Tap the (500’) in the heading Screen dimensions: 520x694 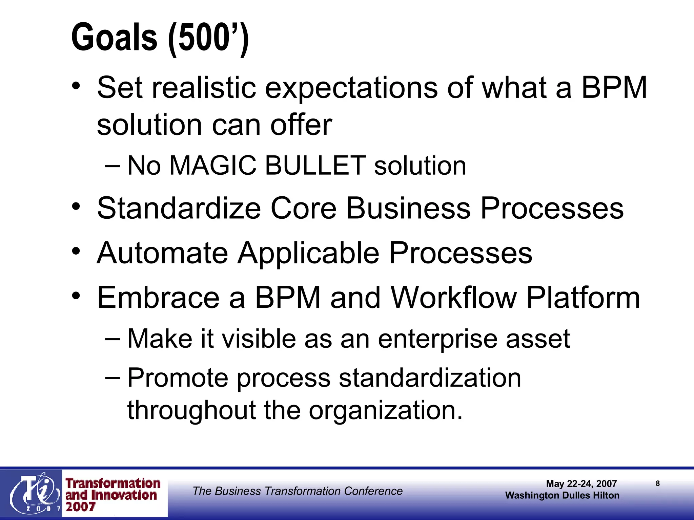[x=208, y=38]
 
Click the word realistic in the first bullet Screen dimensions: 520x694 [x=204, y=88]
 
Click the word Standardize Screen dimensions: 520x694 [x=179, y=208]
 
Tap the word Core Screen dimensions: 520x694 [x=303, y=208]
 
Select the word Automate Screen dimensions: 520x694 [x=162, y=253]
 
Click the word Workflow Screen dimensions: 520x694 [x=453, y=298]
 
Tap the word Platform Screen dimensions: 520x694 [x=583, y=298]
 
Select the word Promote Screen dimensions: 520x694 [x=178, y=378]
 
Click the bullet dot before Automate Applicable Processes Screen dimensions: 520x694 [x=76, y=252]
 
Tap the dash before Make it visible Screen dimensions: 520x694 [x=113, y=339]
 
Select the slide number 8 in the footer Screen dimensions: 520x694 [x=658, y=483]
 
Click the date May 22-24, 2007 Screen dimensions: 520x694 [x=581, y=484]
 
